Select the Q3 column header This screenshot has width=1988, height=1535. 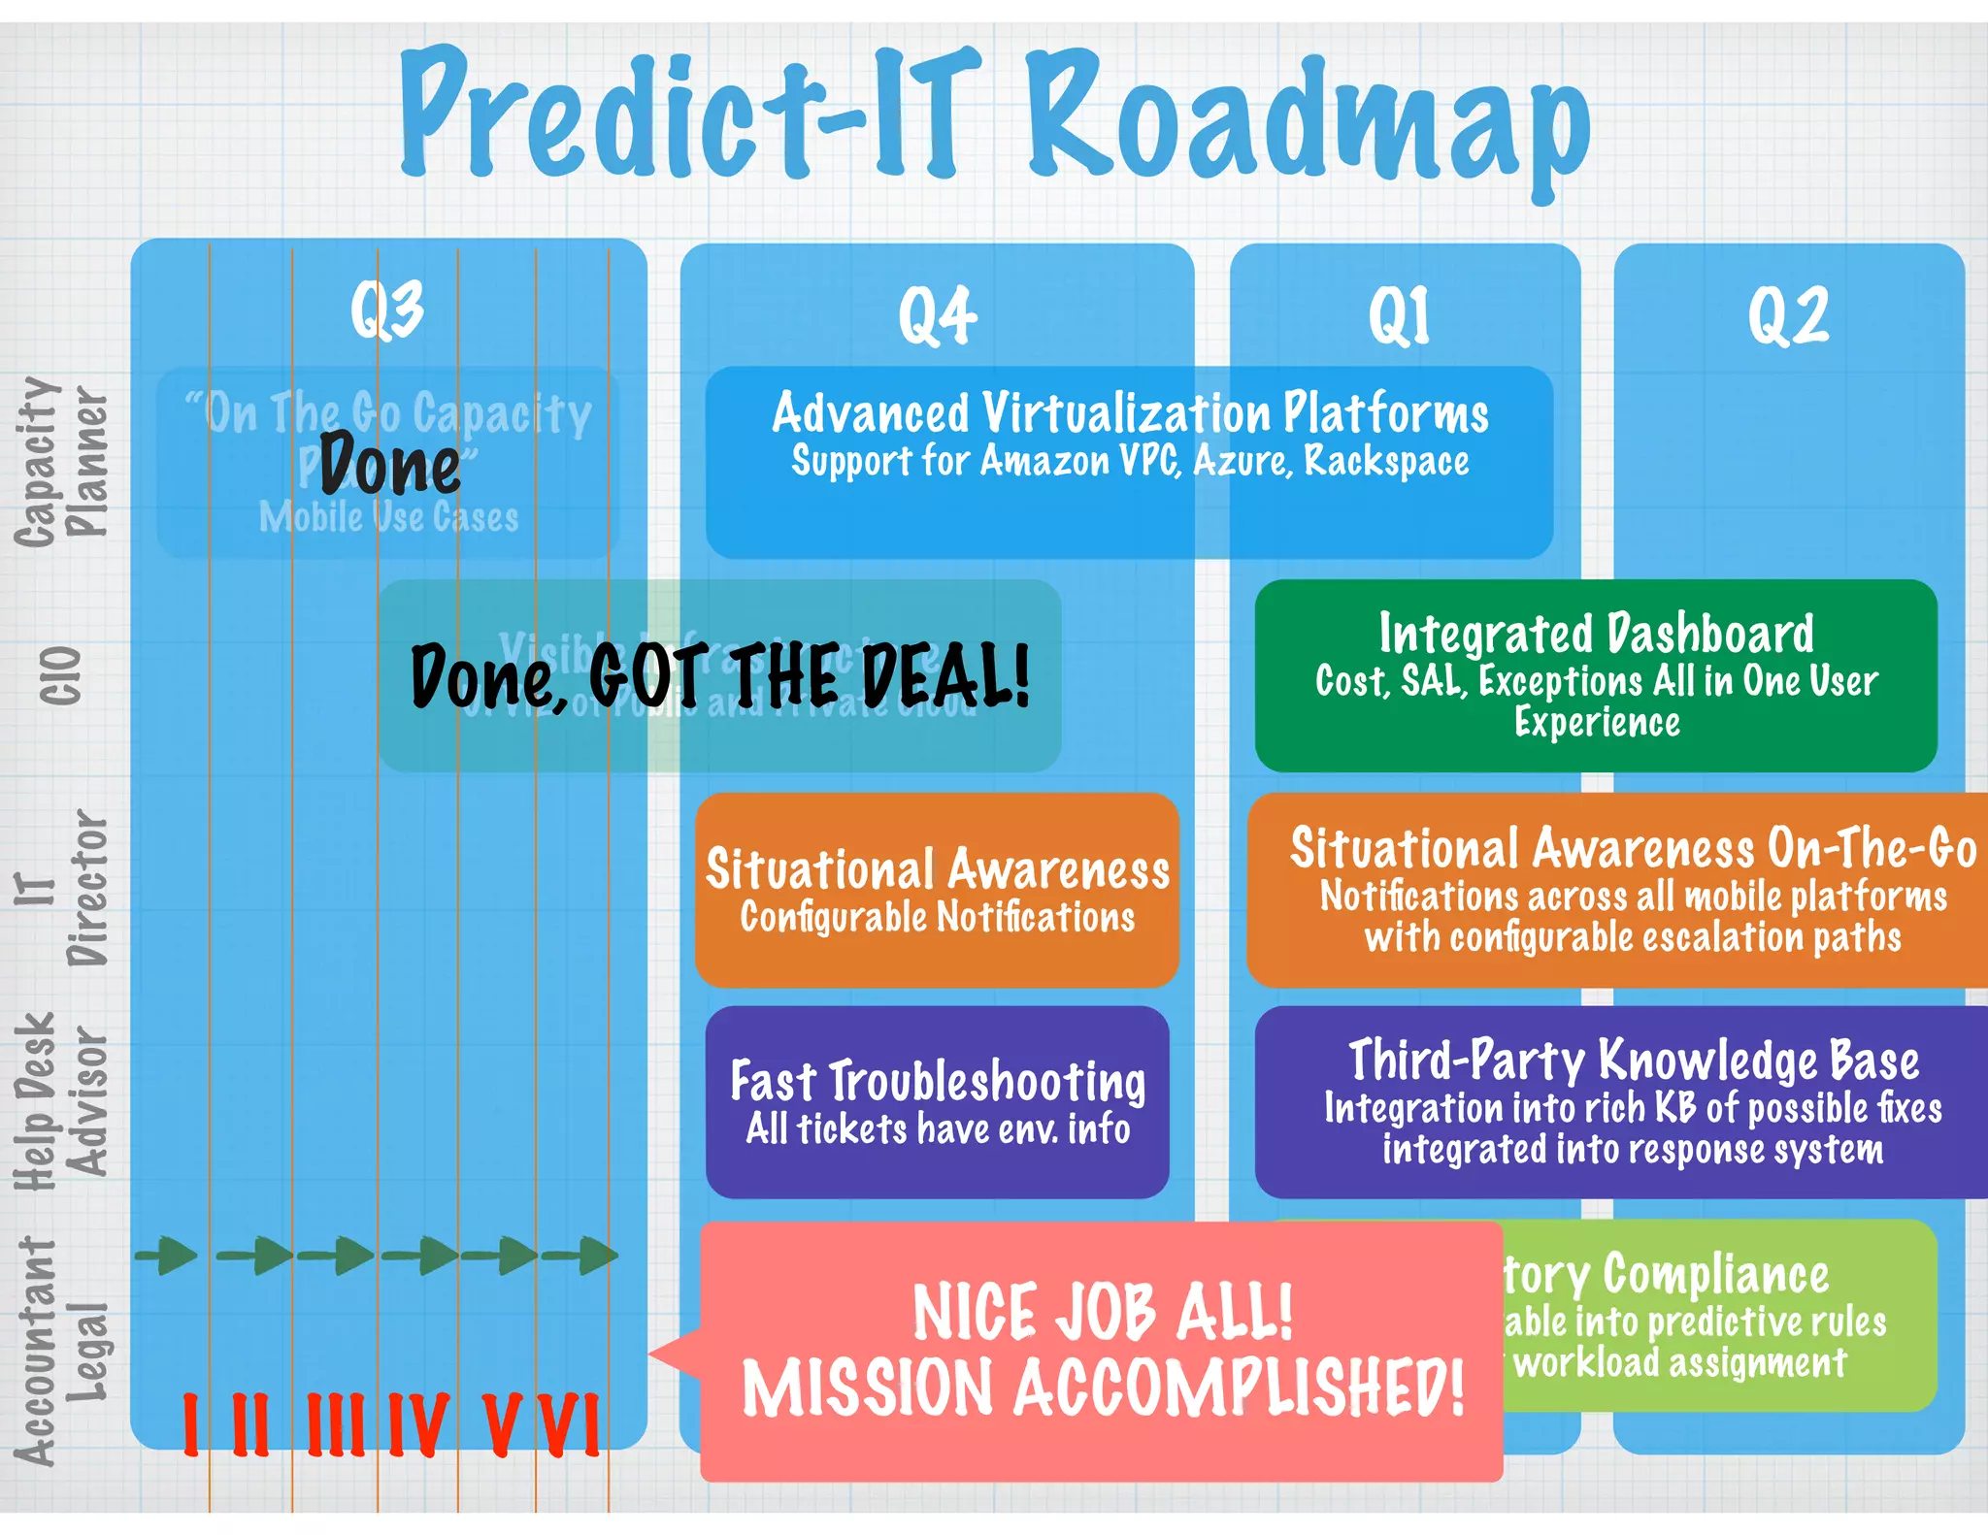click(386, 310)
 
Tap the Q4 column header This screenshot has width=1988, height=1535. click(937, 315)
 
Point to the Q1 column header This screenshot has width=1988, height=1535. click(1399, 315)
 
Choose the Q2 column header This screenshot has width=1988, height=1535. click(1788, 315)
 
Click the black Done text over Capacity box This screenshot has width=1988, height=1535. click(389, 467)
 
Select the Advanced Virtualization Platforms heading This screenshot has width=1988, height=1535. click(1130, 412)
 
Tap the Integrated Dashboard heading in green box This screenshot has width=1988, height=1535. click(1596, 634)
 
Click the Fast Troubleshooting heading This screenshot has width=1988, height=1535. click(938, 1080)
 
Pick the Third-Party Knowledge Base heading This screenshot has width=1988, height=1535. click(1634, 1060)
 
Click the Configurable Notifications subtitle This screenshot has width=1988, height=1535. click(937, 917)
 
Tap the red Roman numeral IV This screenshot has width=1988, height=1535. click(418, 1424)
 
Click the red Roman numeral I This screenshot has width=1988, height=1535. click(190, 1424)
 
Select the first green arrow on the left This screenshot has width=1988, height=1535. click(167, 1256)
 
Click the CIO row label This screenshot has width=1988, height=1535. click(60, 675)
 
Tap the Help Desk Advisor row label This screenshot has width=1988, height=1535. click(60, 1102)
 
